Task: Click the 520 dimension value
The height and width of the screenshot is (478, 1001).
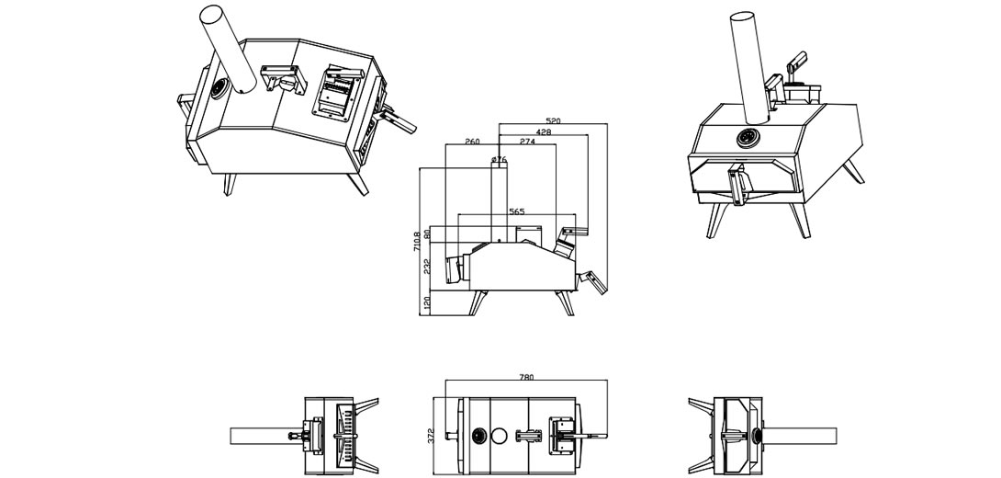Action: coord(555,120)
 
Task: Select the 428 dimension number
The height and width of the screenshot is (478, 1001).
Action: coord(544,131)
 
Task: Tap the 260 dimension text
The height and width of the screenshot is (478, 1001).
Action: coord(472,142)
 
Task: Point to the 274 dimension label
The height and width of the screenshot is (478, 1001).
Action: coord(527,142)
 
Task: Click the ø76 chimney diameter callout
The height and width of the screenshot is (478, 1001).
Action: coord(500,158)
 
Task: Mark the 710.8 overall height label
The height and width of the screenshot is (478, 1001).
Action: coord(418,241)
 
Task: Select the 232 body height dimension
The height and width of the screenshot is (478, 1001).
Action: coord(427,266)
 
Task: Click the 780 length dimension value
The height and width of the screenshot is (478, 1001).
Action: coord(526,377)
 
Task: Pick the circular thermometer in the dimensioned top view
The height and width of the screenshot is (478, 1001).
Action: coord(479,437)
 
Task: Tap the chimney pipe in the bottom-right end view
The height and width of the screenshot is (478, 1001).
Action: coord(799,436)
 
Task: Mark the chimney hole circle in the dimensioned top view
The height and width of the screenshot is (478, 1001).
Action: coord(502,437)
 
